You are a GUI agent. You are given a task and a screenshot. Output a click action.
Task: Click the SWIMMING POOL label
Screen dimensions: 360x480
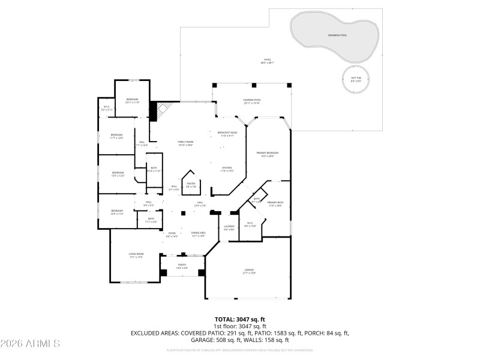coord(336,35)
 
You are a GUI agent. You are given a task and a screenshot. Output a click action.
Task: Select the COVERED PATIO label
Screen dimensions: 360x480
coord(252,100)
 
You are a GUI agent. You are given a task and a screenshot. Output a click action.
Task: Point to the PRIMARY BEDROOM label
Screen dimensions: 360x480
coord(268,154)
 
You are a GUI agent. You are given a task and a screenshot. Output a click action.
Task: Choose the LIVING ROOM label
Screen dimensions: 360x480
coord(136,254)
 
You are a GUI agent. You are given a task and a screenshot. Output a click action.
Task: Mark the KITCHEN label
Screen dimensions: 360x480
coord(227,169)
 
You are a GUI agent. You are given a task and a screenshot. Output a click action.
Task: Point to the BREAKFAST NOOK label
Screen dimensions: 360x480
coord(228,133)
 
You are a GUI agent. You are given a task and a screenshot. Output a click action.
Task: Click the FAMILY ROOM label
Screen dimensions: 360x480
coord(185,142)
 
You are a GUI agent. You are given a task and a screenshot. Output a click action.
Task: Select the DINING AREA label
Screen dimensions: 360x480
coord(198,233)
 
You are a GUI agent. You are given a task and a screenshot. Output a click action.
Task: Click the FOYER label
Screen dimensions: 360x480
coord(172,233)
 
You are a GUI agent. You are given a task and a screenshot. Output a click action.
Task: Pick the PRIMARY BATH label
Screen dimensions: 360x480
coord(275,203)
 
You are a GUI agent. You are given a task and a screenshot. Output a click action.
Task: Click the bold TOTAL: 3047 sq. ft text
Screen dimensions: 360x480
coord(240,319)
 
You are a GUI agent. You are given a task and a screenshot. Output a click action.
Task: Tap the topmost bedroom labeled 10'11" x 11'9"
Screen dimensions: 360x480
coord(132,100)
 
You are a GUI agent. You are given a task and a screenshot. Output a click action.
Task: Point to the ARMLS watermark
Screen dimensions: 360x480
coord(30,344)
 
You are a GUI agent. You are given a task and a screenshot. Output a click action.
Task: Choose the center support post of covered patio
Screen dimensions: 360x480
coord(252,85)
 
